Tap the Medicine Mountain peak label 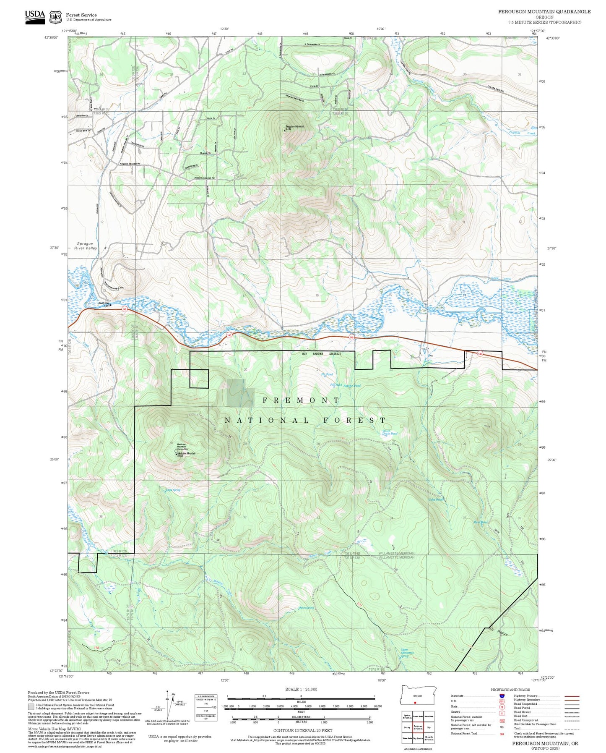pyautogui.click(x=187, y=454)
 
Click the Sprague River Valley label pyautogui.click(x=86, y=246)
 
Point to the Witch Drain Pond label pyautogui.click(x=390, y=433)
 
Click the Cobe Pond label pyautogui.click(x=435, y=499)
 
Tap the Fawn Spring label pyautogui.click(x=306, y=608)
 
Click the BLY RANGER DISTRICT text pyautogui.click(x=322, y=354)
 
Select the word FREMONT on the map pyautogui.click(x=301, y=400)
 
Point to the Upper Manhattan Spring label pyautogui.click(x=407, y=653)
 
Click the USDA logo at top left pyautogui.click(x=35, y=16)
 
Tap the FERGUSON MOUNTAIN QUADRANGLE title pyautogui.click(x=544, y=12)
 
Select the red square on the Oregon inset pyautogui.click(x=415, y=702)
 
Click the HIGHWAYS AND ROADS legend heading pyautogui.click(x=510, y=690)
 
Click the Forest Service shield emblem pyautogui.click(x=55, y=17)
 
